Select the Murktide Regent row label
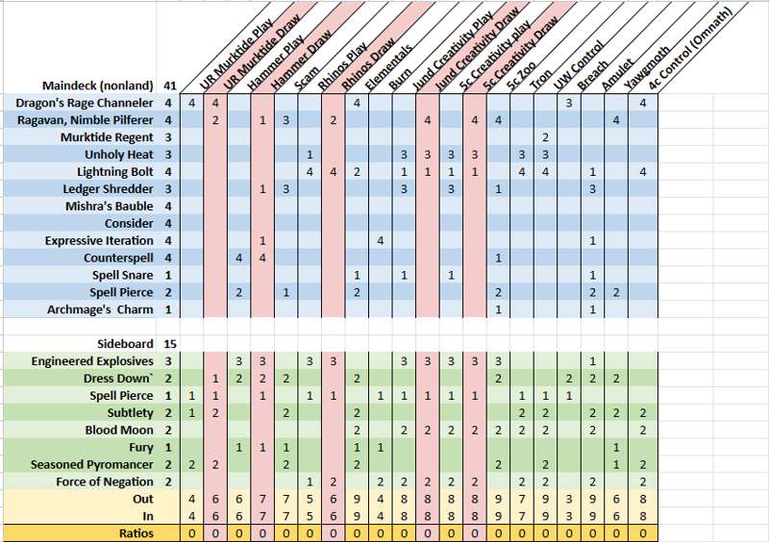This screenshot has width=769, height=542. pos(110,137)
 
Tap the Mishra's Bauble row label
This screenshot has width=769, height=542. pos(109,207)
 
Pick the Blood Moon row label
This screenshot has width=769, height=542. pos(119,431)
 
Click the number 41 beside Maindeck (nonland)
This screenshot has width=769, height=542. pos(169,86)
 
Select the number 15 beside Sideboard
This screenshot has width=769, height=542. pos(169,343)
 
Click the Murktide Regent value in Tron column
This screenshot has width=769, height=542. pos(545,137)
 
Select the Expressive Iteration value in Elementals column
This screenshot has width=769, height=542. pos(380,240)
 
